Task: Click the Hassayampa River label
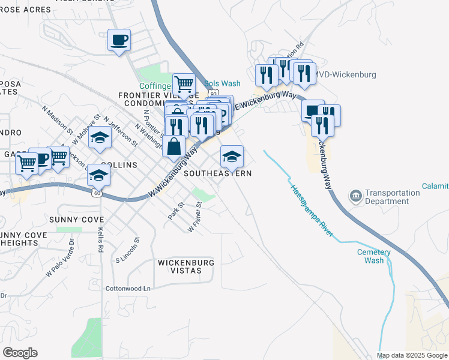pos(312,209)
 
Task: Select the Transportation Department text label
pos(393,197)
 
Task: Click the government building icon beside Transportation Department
pos(356,197)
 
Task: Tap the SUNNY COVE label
pos(76,220)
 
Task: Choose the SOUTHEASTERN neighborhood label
pos(217,173)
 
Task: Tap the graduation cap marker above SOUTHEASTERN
pos(232,157)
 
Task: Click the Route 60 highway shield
pos(97,193)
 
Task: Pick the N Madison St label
pos(57,120)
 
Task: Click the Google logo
pos(20,353)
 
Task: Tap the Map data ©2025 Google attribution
pos(411,355)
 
